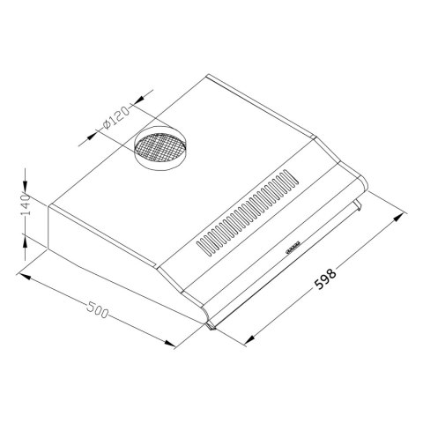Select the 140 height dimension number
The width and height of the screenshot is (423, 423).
click(x=26, y=205)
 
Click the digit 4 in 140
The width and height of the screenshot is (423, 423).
click(x=26, y=205)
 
